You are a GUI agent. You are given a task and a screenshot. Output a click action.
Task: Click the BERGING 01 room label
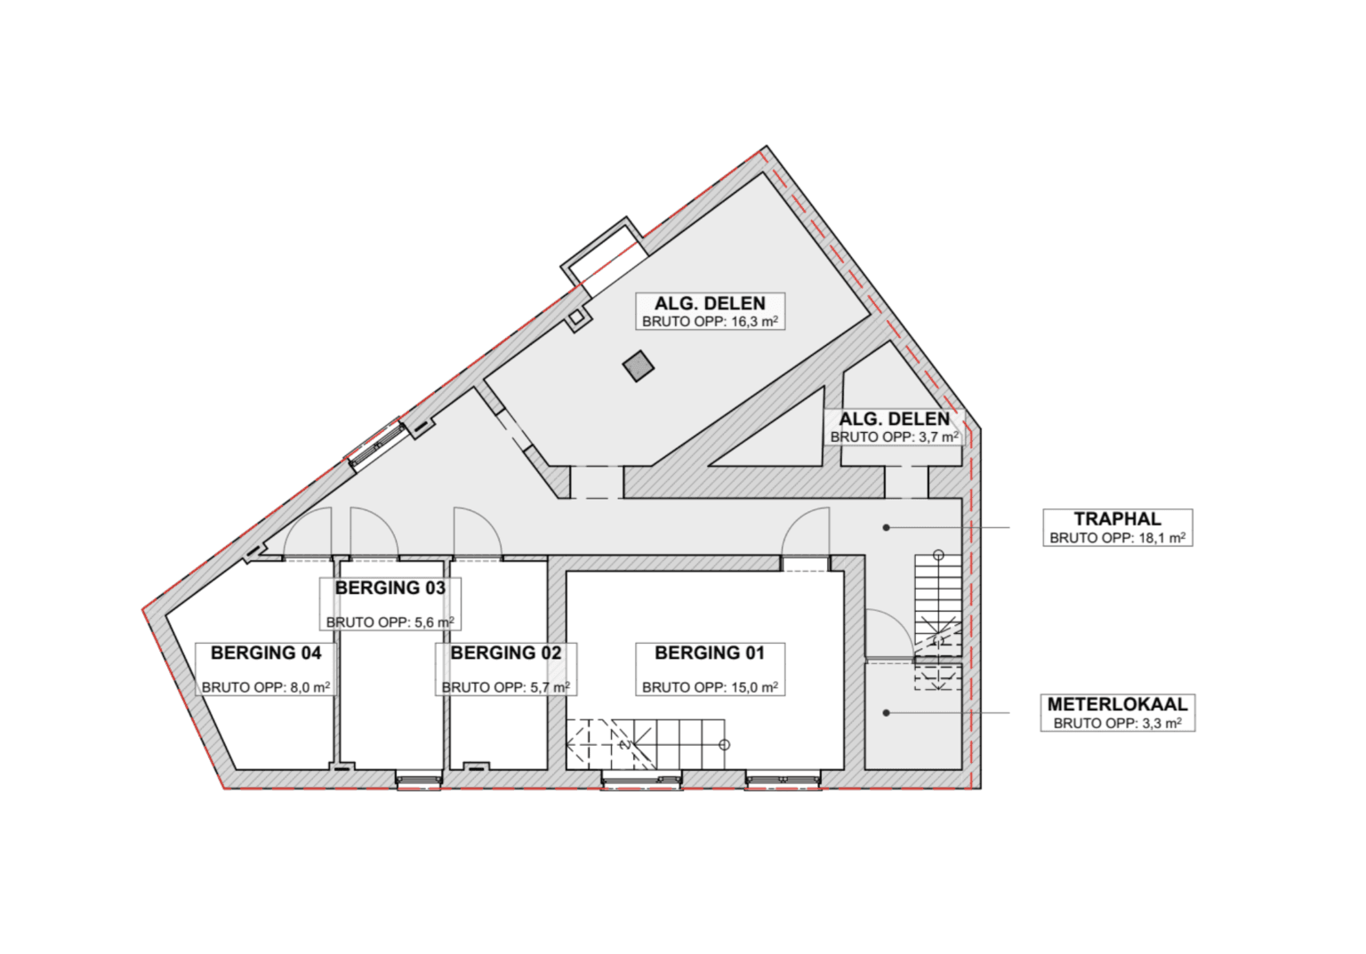710,653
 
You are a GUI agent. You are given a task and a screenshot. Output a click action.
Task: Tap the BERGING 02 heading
505,653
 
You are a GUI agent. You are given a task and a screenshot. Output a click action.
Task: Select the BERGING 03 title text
390,588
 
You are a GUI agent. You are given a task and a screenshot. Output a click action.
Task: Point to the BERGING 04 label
266,653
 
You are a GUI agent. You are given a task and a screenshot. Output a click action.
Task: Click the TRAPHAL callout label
1117,518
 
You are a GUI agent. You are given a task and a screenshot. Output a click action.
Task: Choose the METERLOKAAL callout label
1117,704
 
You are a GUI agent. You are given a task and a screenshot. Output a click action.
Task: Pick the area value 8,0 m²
309,687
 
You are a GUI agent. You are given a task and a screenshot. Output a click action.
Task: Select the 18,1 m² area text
1161,538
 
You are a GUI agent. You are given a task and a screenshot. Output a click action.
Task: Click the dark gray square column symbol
638,365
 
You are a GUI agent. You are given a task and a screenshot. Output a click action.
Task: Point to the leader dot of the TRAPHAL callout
886,527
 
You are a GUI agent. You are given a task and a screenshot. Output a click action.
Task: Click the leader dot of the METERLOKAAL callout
886,712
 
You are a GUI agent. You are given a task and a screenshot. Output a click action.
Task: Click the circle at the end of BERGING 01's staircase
725,744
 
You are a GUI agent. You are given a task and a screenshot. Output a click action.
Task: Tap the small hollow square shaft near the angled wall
575,317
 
